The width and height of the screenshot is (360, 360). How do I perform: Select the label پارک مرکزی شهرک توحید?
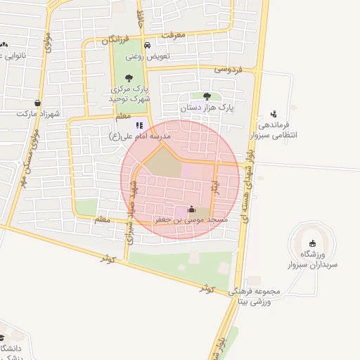[x=129, y=94]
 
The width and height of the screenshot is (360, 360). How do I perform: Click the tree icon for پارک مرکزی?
[x=129, y=78]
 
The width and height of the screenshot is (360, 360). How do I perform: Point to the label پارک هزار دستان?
[x=206, y=108]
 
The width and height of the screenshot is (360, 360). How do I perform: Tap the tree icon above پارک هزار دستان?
[x=207, y=96]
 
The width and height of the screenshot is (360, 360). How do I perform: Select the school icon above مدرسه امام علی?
[x=139, y=125]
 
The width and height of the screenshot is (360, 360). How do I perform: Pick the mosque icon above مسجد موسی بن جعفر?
[x=191, y=209]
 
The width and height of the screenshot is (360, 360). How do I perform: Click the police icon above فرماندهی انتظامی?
[x=274, y=114]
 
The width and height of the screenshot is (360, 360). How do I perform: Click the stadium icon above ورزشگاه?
[x=312, y=243]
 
